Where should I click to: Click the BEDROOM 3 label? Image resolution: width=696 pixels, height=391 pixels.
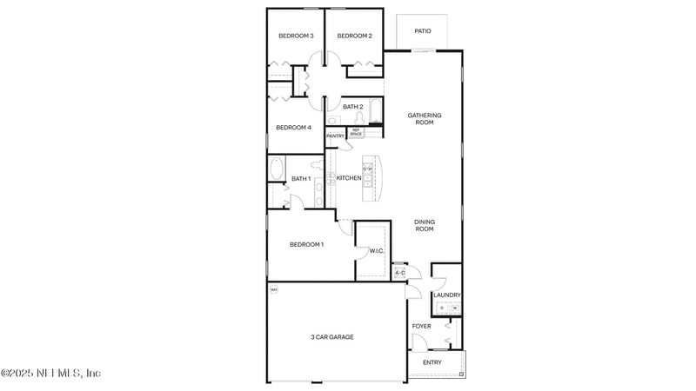[x=296, y=36]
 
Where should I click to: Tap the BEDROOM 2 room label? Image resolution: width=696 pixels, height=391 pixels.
[x=355, y=36]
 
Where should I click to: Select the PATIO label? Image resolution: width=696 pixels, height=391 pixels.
[x=423, y=31]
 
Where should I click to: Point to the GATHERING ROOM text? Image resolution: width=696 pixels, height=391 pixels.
[x=425, y=119]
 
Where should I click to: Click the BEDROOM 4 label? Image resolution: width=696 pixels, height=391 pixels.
[x=293, y=128]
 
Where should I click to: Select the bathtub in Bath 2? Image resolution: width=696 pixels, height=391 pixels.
[x=375, y=111]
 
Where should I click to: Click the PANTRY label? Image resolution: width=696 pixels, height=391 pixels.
[x=336, y=136]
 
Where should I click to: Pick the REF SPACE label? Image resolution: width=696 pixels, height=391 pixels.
[x=356, y=132]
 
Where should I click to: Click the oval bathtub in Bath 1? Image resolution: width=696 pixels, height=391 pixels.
[x=278, y=168]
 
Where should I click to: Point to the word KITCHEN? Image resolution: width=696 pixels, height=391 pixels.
[x=349, y=178]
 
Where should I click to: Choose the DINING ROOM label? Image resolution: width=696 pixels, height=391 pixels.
[x=424, y=225]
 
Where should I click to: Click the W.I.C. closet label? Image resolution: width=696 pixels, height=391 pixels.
[x=377, y=251]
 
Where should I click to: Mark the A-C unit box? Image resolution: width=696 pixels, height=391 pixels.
[x=399, y=273]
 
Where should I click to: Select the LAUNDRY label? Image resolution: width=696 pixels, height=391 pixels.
[x=447, y=295]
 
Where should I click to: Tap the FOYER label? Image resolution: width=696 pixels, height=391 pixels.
[x=422, y=327]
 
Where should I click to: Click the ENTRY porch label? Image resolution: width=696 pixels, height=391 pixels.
[x=432, y=362]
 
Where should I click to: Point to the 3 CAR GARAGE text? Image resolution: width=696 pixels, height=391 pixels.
[x=332, y=337]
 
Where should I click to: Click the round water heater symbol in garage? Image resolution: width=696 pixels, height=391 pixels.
[x=273, y=289]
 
